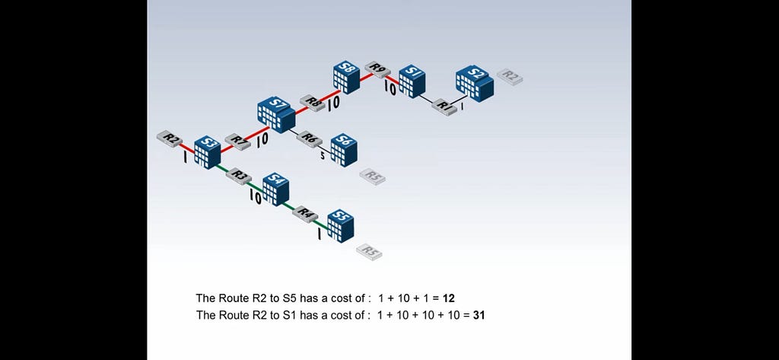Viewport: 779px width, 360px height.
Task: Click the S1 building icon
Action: pyautogui.click(x=412, y=81)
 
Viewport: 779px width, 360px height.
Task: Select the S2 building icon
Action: pyautogui.click(x=475, y=83)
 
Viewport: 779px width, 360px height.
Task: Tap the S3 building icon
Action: pyautogui.click(x=207, y=152)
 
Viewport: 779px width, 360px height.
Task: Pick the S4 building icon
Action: pyautogui.click(x=275, y=189)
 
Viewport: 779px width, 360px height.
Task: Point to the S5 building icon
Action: pyautogui.click(x=341, y=225)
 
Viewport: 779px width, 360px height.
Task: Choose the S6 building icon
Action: pyautogui.click(x=344, y=150)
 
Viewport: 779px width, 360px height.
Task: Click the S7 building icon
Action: pyautogui.click(x=276, y=115)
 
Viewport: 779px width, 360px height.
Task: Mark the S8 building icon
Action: pyautogui.click(x=346, y=77)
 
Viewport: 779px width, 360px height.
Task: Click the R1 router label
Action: pyautogui.click(x=444, y=107)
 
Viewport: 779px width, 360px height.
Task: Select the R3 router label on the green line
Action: pyautogui.click(x=238, y=177)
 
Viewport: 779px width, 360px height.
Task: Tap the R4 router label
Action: pyautogui.click(x=305, y=215)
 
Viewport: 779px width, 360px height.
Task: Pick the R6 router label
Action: pyautogui.click(x=310, y=139)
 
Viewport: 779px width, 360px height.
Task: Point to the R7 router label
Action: pyautogui.click(x=238, y=142)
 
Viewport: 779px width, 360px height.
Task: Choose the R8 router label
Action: pyautogui.click(x=313, y=103)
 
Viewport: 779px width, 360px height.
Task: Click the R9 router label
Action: pyautogui.click(x=377, y=69)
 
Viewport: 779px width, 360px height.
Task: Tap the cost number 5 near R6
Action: pyautogui.click(x=322, y=157)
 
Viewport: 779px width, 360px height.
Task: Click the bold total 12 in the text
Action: pyautogui.click(x=449, y=298)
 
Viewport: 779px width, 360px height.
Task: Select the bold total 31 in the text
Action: pyautogui.click(x=479, y=315)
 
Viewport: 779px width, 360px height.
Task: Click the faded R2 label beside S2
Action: pyautogui.click(x=510, y=77)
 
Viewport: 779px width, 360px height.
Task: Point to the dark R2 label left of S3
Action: pyautogui.click(x=170, y=139)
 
